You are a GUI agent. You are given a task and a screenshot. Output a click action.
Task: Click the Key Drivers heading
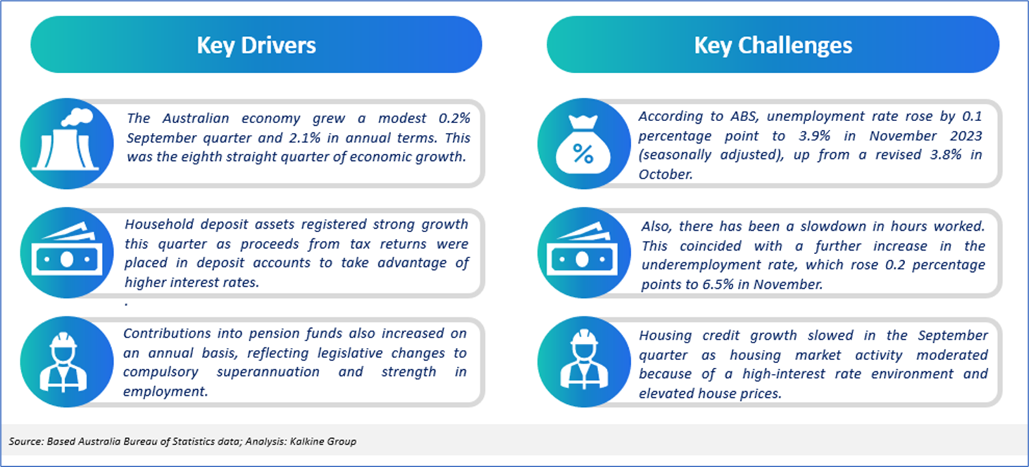pyautogui.click(x=256, y=45)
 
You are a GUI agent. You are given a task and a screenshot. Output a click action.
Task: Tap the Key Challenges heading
pyautogui.click(x=773, y=45)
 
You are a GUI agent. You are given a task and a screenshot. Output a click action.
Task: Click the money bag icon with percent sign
pyautogui.click(x=583, y=144)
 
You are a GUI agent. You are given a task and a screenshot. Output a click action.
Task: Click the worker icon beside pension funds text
pyautogui.click(x=63, y=362)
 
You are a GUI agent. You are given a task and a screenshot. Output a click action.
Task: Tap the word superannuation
pyautogui.click(x=268, y=372)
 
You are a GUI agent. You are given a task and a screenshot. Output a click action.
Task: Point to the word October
pyautogui.click(x=664, y=174)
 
